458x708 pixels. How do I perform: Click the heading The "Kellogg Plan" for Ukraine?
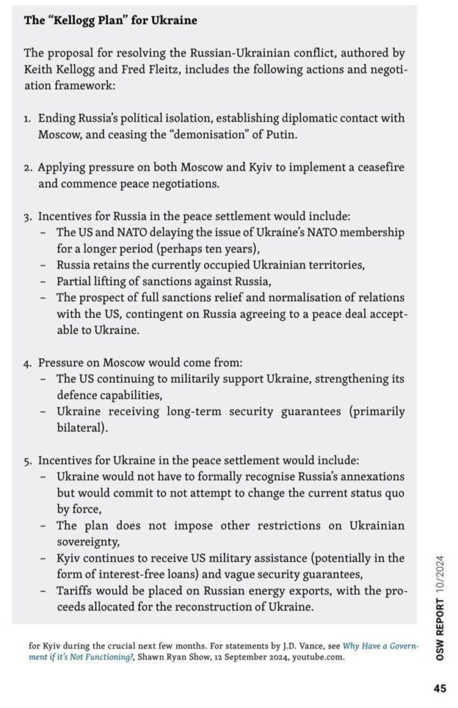111,21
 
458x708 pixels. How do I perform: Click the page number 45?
439,689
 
